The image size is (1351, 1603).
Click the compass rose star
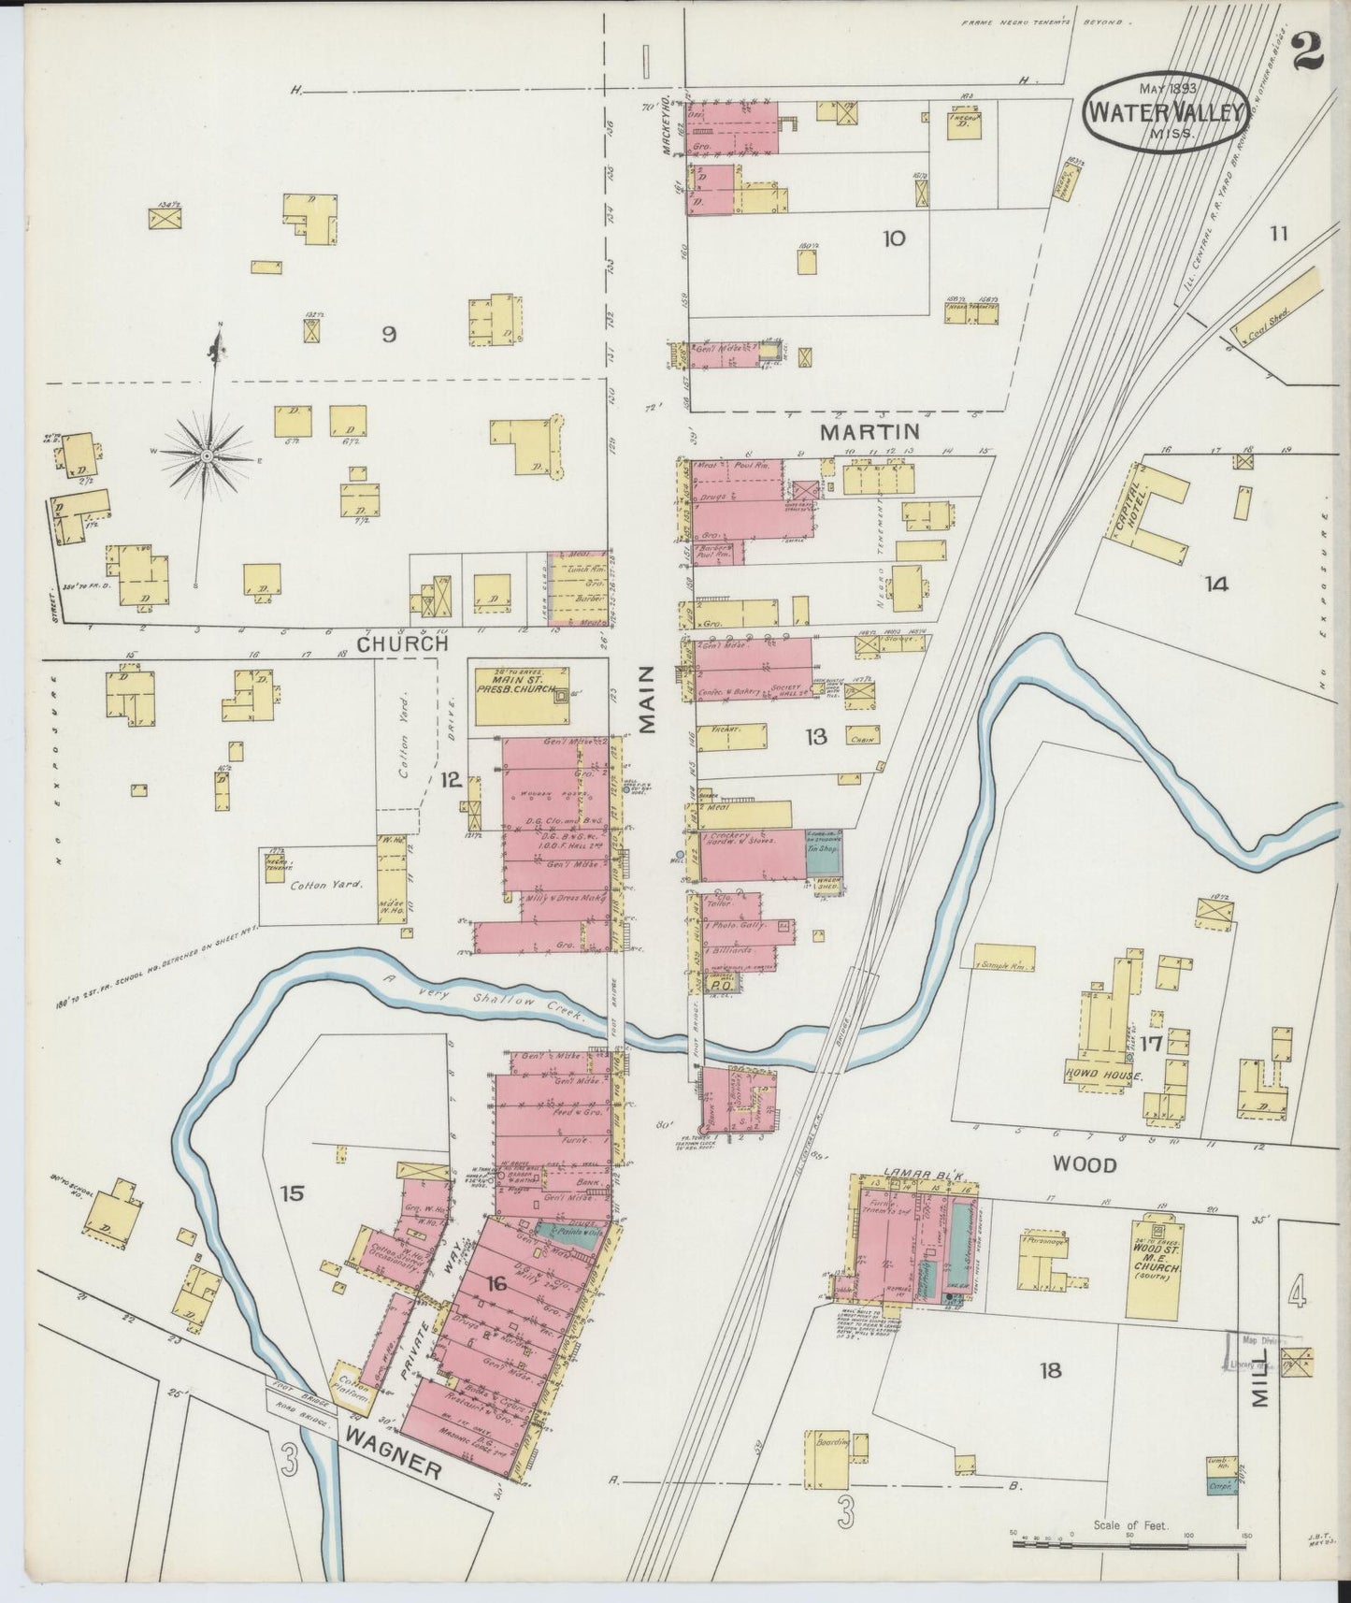[x=207, y=455]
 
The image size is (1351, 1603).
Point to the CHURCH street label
[x=403, y=643]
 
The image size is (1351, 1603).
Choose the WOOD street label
[x=1085, y=1164]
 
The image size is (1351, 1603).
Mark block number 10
[x=894, y=238]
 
